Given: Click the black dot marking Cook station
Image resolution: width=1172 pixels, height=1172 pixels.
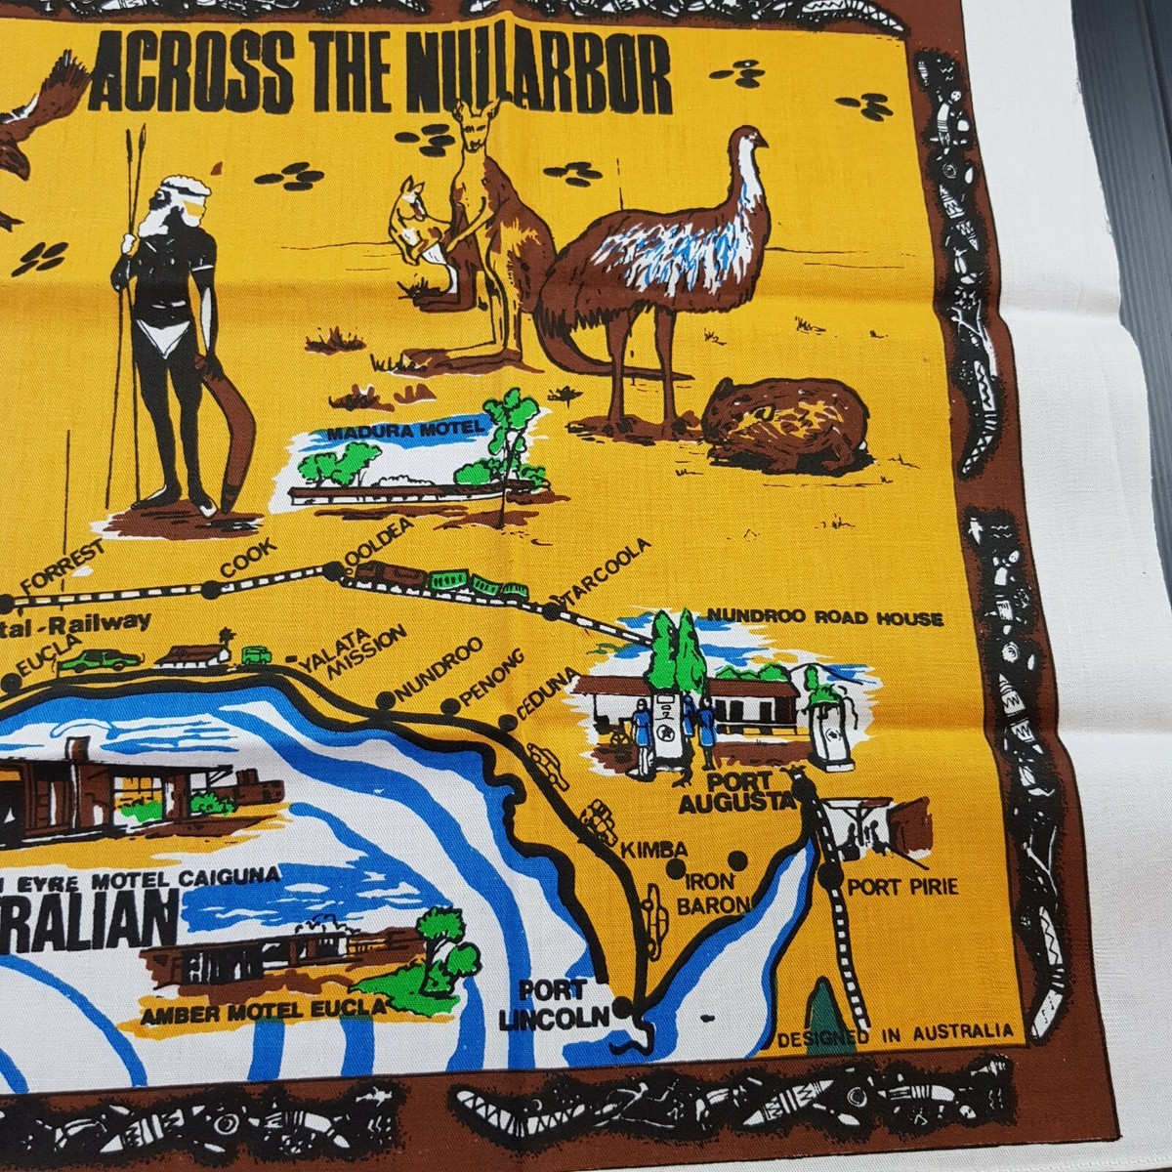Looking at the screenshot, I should point(211,589).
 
